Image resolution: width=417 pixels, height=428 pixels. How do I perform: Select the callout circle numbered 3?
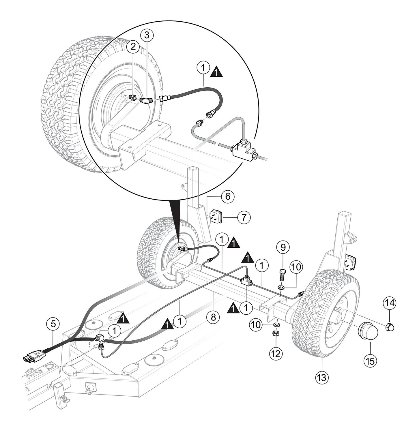click(147, 35)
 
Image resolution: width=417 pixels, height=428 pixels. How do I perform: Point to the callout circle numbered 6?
click(228, 197)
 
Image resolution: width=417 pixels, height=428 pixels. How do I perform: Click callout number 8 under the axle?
click(213, 317)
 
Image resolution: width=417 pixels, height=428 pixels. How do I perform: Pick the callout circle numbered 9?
click(283, 247)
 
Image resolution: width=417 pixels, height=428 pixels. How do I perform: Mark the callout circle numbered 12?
click(276, 353)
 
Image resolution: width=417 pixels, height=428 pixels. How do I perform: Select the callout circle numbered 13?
click(321, 377)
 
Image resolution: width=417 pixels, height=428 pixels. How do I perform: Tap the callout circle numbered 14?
click(390, 303)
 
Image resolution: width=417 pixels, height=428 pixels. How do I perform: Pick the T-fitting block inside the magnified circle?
click(243, 149)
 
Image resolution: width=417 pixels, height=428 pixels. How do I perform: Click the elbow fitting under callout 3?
click(145, 100)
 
